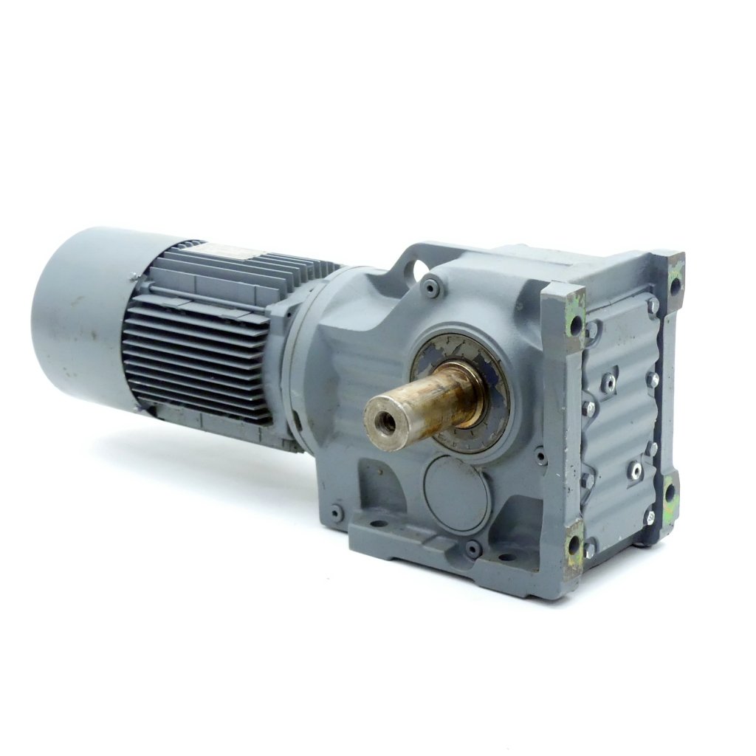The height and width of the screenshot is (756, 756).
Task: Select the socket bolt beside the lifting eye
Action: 430,288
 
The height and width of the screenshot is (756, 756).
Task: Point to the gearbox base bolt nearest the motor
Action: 337,512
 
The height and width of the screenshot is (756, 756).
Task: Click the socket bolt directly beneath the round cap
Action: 471,548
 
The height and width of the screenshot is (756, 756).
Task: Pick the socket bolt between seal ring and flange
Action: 540,457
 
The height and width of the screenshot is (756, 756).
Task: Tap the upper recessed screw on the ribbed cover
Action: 610,382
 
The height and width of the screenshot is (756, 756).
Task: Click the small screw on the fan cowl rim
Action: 133,278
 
